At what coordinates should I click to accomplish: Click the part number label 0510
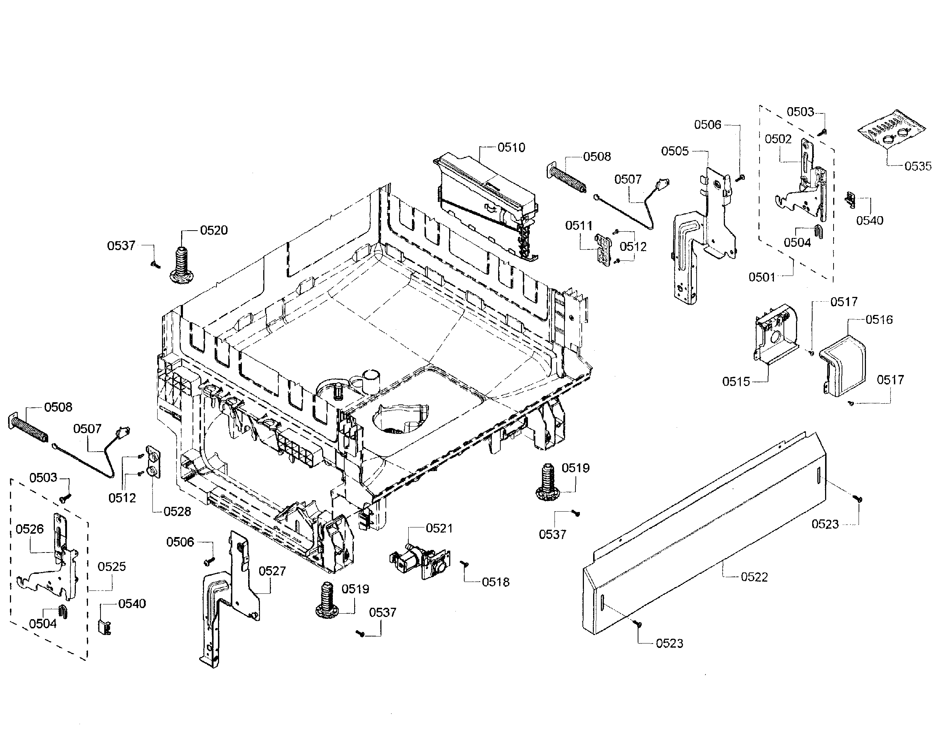coord(511,148)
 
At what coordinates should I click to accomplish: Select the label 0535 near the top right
coord(918,166)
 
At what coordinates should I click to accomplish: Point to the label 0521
coord(439,528)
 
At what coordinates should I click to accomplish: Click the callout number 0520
coord(214,231)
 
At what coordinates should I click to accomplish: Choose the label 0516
coord(879,319)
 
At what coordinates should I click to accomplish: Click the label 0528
coord(177,512)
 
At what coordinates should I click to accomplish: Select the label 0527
coord(272,571)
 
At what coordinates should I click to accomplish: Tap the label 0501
coord(762,277)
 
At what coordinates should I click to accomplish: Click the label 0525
coord(112,567)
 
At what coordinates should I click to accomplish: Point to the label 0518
coord(496,582)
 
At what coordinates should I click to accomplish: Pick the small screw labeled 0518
coord(465,564)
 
